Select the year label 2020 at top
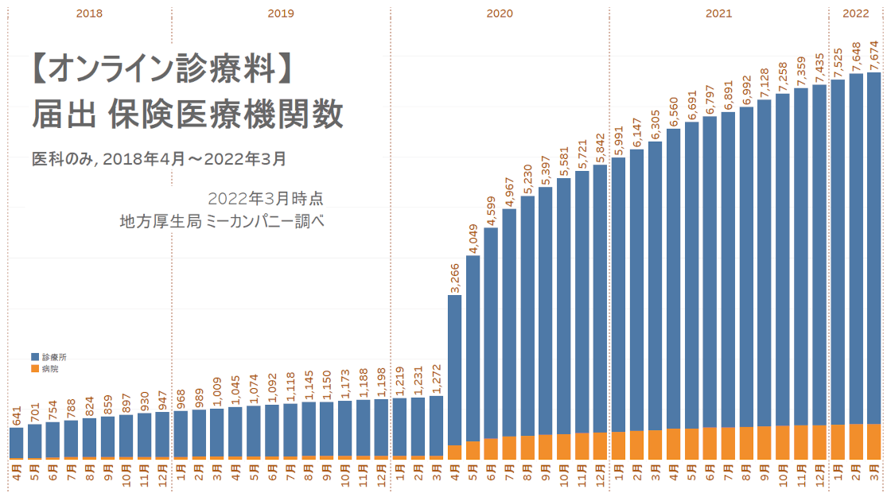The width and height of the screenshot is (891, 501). pos(500,14)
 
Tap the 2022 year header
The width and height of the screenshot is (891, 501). pos(856,14)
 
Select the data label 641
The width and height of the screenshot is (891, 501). pos(17,415)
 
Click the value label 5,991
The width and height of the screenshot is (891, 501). pos(619,138)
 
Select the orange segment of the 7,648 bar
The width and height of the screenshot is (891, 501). pos(856,441)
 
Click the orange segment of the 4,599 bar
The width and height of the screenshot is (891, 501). pos(491,448)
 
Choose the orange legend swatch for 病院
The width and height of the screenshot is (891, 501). pos(35,369)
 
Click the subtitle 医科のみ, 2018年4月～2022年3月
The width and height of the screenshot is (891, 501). pos(158,159)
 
